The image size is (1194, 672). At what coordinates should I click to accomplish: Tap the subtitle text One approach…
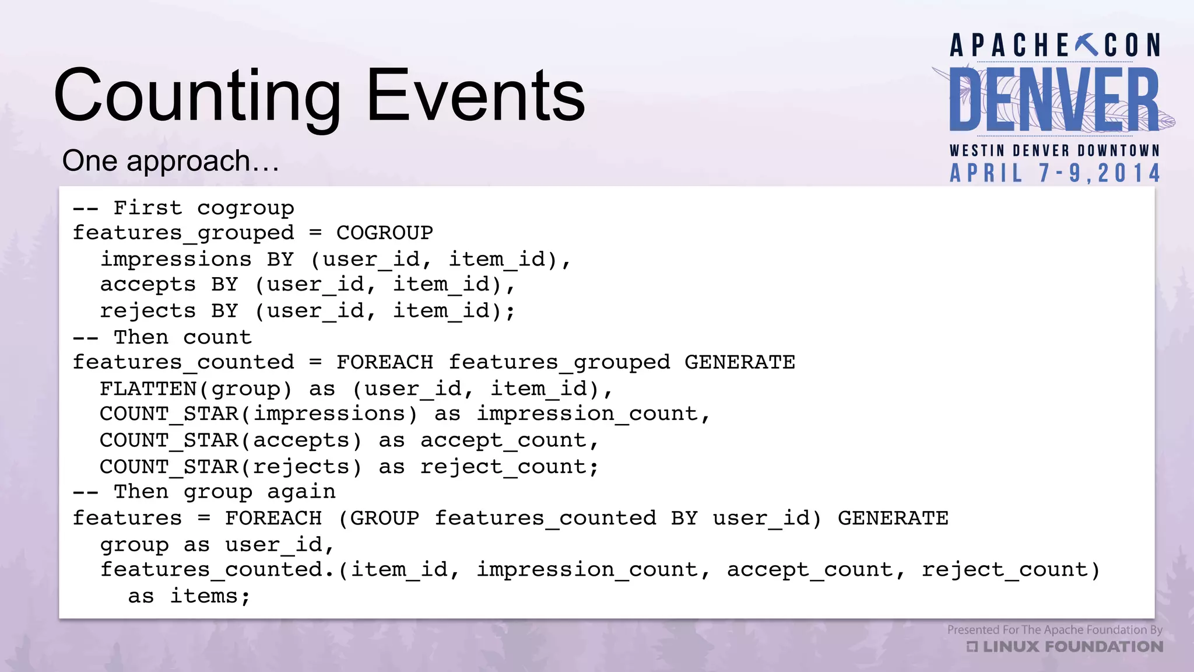[x=171, y=161]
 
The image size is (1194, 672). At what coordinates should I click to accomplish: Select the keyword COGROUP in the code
[x=385, y=233]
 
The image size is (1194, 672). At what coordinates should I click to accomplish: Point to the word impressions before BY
[x=176, y=259]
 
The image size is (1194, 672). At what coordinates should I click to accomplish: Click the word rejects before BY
[x=148, y=311]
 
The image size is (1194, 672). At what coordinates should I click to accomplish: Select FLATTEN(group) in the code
[x=196, y=388]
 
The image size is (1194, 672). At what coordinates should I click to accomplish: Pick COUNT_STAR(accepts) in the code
[x=231, y=440]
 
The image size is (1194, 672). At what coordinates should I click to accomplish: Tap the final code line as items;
[x=189, y=596]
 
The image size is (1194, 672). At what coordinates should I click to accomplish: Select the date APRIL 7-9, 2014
[x=1055, y=173]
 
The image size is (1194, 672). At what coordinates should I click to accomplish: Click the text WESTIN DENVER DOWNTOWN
[x=1055, y=150]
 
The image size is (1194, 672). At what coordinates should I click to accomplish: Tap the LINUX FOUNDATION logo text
[x=1072, y=647]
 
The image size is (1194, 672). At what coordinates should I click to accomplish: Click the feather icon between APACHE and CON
[x=1087, y=45]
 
